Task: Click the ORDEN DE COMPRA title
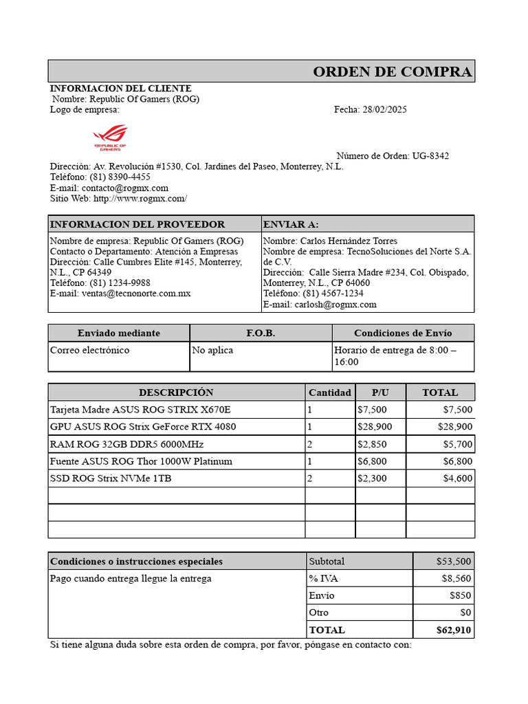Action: pos(392,71)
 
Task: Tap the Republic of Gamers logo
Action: pos(110,137)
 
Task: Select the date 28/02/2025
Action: pos(384,109)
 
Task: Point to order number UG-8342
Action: pos(430,156)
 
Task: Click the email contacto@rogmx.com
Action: pos(124,188)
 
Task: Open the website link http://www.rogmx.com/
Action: pos(140,198)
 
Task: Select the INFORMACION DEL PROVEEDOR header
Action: pos(137,224)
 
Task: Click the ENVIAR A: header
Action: pos(291,224)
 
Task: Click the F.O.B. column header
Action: pos(261,333)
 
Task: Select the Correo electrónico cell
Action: pos(90,350)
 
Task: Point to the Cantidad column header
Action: pos(330,393)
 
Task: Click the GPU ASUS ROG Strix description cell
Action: pos(143,426)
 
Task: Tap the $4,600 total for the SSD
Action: pos(457,478)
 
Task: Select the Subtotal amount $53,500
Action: pos(454,561)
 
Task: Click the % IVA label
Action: pos(323,578)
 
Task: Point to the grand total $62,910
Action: pos(454,630)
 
